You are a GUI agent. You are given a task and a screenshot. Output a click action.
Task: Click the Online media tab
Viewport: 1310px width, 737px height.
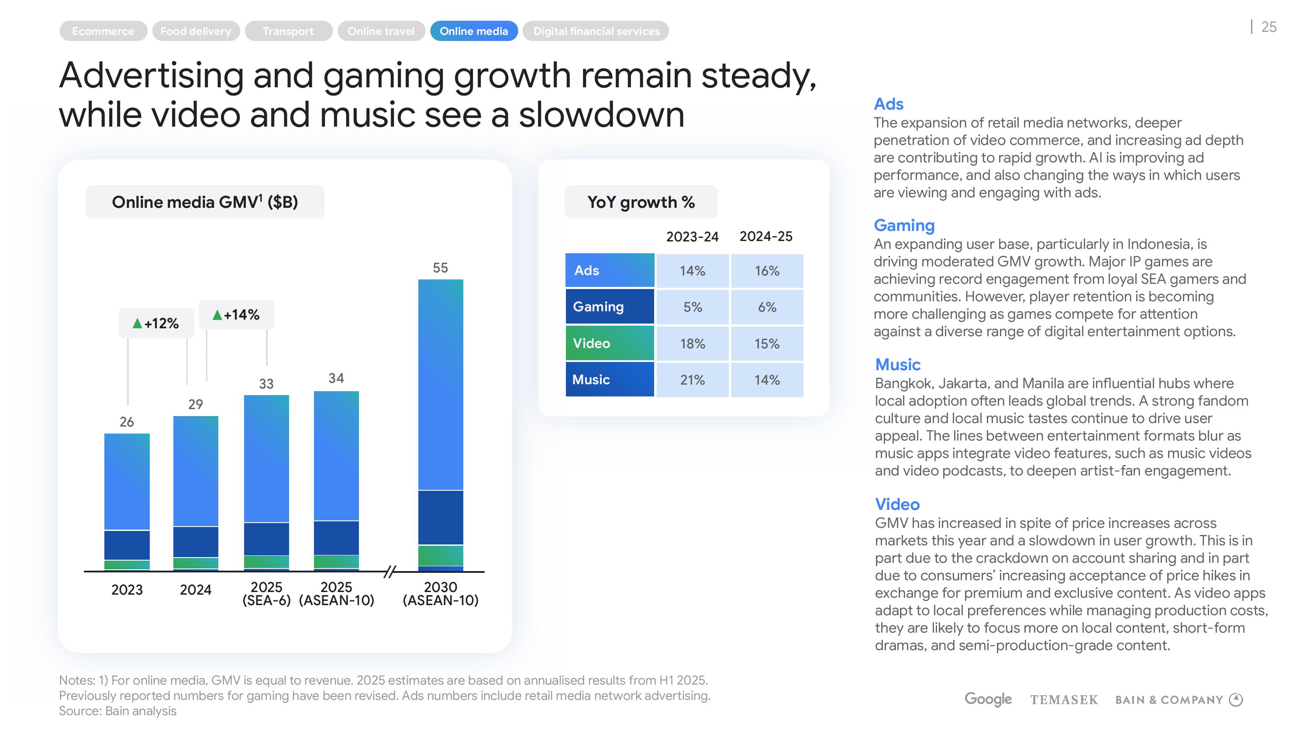tap(473, 31)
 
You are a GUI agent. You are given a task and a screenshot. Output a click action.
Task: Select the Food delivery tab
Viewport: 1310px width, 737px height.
tap(196, 31)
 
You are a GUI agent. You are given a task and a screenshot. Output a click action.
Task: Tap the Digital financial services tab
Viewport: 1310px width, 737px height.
tap(596, 31)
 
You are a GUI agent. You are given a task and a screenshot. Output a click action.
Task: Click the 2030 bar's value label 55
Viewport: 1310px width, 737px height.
tap(441, 268)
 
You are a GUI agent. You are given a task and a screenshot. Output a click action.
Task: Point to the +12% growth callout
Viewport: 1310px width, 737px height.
tap(156, 323)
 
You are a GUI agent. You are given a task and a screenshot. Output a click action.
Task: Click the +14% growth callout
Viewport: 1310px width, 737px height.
tap(237, 315)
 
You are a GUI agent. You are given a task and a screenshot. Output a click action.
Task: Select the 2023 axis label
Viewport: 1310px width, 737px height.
tap(127, 589)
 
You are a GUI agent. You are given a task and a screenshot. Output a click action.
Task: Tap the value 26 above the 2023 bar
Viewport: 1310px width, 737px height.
tap(127, 422)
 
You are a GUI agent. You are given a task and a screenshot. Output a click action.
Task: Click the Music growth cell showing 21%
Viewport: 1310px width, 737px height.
tap(692, 379)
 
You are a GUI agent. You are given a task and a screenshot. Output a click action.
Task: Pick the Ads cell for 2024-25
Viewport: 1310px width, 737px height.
tap(767, 271)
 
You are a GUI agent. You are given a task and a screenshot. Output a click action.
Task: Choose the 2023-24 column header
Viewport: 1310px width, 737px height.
tap(692, 237)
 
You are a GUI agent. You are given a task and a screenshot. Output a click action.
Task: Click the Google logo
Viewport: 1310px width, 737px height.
tap(988, 699)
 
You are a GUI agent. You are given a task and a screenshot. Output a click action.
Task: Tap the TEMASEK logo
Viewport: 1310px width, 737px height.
tap(1064, 700)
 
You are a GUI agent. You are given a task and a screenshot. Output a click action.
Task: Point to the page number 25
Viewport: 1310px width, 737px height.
tap(1269, 27)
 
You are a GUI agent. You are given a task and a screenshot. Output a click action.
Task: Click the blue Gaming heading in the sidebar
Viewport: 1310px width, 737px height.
tap(903, 225)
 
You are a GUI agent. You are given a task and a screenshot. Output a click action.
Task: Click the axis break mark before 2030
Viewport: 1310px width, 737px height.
tap(390, 572)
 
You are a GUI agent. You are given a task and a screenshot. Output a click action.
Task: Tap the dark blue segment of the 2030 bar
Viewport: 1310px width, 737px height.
tap(441, 517)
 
